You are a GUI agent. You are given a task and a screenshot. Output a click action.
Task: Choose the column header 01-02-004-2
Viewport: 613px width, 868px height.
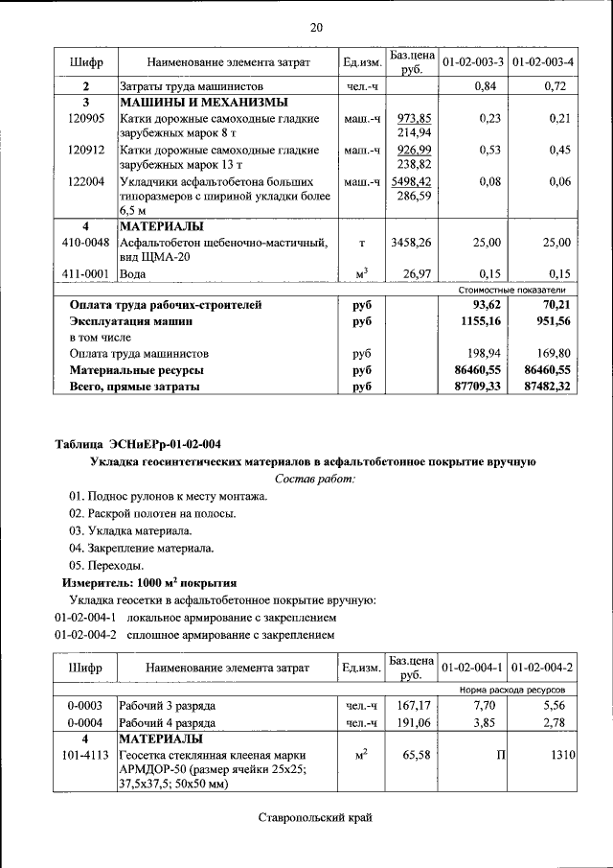[x=542, y=666]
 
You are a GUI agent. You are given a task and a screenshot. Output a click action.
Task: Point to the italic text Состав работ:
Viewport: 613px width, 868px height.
[x=314, y=478]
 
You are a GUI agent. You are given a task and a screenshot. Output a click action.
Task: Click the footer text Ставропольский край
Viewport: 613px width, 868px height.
[x=314, y=817]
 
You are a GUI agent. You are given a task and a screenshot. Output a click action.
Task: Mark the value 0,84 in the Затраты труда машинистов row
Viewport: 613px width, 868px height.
[x=488, y=86]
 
